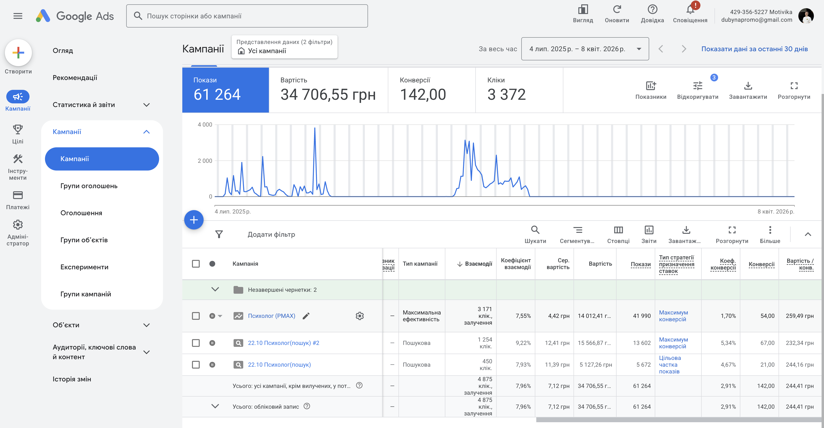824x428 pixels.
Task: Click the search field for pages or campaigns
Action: pyautogui.click(x=247, y=16)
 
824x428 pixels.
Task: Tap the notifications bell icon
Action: pyautogui.click(x=690, y=10)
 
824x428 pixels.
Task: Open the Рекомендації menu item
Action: pyautogui.click(x=75, y=78)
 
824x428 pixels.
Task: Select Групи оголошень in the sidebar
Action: pyautogui.click(x=89, y=186)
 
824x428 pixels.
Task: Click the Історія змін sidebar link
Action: pyautogui.click(x=72, y=379)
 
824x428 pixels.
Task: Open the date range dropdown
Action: pyautogui.click(x=585, y=49)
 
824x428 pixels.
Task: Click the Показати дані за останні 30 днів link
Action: pyautogui.click(x=755, y=49)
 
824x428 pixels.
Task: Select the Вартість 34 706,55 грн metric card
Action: pyautogui.click(x=328, y=90)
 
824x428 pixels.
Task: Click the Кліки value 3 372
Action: pyautogui.click(x=506, y=95)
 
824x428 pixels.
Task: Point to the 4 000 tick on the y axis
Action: pyautogui.click(x=205, y=125)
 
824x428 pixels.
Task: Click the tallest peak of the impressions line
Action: pyautogui.click(x=315, y=128)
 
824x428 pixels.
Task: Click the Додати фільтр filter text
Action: pyautogui.click(x=271, y=235)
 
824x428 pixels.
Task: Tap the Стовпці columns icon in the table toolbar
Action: pyautogui.click(x=618, y=230)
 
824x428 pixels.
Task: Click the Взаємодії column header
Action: pyautogui.click(x=478, y=264)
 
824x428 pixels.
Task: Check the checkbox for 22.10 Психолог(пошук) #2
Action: pyautogui.click(x=196, y=343)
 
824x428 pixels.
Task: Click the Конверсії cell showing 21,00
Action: pyautogui.click(x=767, y=365)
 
